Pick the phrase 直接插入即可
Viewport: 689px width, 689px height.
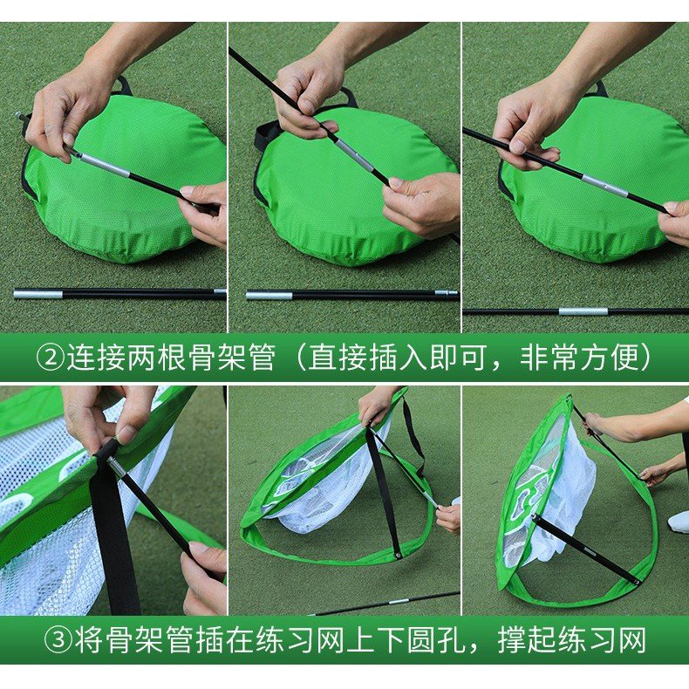[x=401, y=358]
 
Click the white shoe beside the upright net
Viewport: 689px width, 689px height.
[x=678, y=522]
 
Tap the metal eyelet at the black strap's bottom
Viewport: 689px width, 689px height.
[x=397, y=553]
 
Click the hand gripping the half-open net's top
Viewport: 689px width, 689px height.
[x=376, y=405]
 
